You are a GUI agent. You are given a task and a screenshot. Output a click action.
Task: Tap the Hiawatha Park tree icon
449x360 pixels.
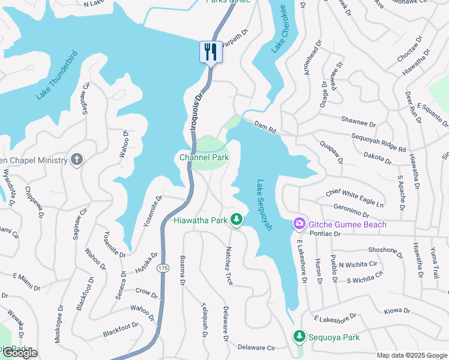coord(237,220)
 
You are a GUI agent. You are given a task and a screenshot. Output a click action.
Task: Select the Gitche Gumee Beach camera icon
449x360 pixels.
coord(299,224)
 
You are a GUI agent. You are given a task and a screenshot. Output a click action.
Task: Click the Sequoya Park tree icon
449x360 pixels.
coord(299,337)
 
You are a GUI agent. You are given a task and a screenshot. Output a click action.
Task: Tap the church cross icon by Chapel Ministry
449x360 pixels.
coord(76,160)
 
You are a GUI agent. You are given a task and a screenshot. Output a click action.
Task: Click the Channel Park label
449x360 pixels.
coord(204,157)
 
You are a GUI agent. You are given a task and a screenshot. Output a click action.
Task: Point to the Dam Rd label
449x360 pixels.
coord(264,126)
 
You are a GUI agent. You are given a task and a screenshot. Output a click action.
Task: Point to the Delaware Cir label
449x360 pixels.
coord(256,347)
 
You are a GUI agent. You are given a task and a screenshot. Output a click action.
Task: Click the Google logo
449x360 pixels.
coord(19,353)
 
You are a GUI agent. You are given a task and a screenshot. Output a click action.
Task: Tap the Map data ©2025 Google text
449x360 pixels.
coord(412,355)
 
